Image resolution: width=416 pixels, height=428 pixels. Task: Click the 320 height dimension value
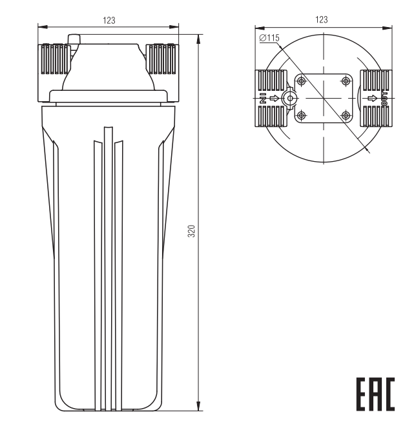(192, 231)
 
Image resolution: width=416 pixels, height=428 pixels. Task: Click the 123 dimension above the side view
(109, 21)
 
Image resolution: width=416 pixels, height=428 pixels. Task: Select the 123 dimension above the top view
(322, 19)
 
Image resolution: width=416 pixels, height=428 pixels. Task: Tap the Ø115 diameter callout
(269, 37)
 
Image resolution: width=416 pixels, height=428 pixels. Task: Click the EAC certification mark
(375, 394)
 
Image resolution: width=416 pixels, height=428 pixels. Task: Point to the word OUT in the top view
(384, 99)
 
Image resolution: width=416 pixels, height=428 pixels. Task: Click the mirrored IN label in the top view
(263, 98)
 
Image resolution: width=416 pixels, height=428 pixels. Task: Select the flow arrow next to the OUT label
(372, 98)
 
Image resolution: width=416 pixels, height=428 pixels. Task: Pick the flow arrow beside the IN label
(275, 98)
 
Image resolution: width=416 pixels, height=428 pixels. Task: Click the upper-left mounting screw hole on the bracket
(302, 81)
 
